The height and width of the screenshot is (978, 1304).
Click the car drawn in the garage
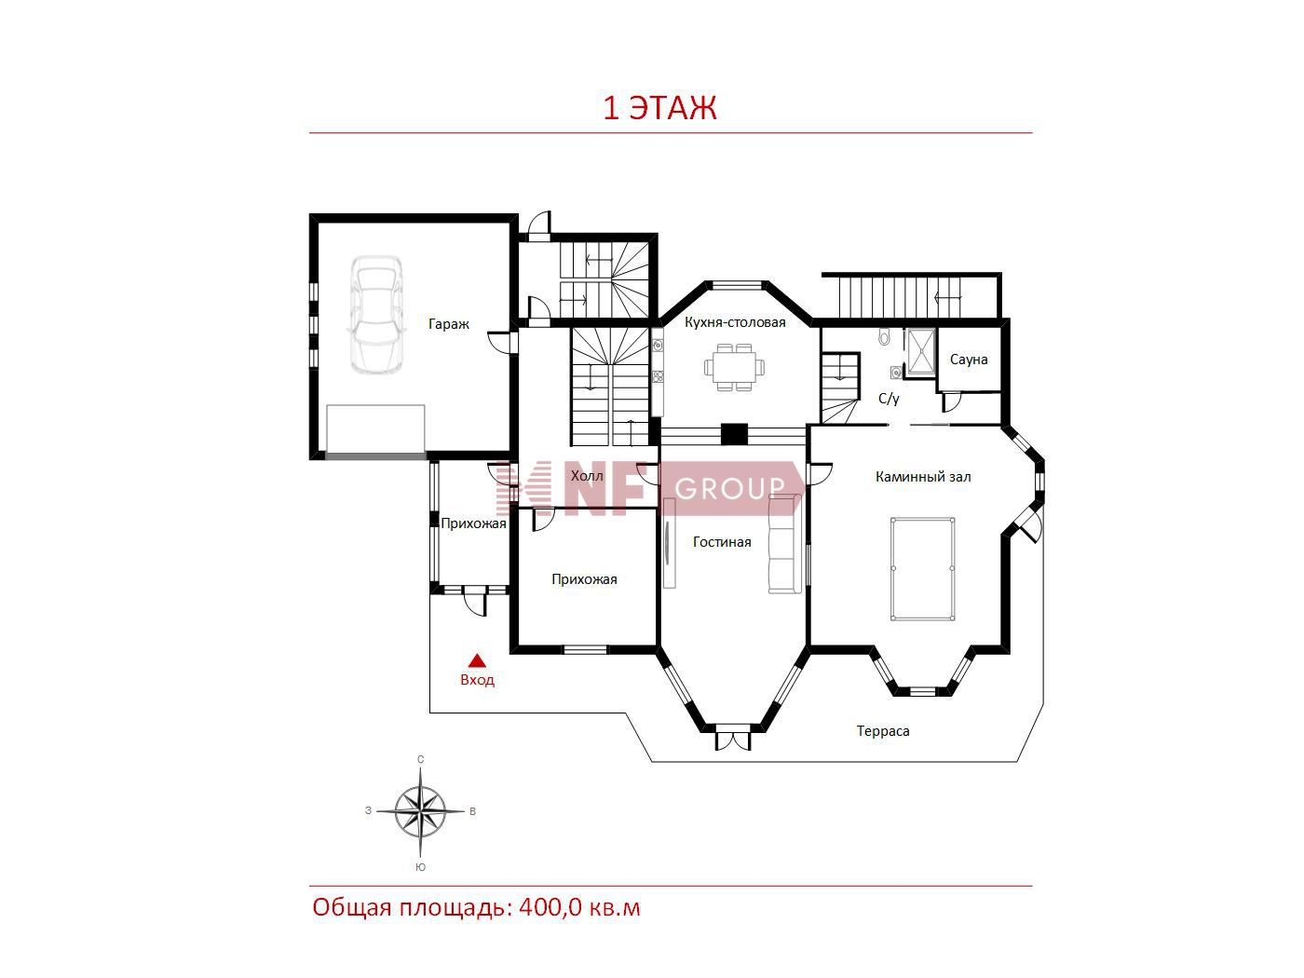click(375, 315)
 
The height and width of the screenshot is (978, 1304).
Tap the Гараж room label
click(449, 324)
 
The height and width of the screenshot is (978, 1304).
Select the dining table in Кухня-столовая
click(734, 367)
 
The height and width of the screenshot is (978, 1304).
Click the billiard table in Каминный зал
click(923, 569)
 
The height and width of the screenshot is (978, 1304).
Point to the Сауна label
click(969, 360)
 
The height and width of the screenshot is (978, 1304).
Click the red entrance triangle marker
click(477, 661)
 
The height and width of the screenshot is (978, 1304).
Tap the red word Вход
click(477, 680)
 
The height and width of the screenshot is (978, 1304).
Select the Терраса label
click(883, 731)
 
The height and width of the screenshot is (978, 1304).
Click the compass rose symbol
click(420, 811)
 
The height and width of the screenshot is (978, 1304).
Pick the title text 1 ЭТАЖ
click(659, 108)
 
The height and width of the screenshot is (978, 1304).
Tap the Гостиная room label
click(722, 542)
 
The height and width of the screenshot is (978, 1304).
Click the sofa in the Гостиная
click(785, 544)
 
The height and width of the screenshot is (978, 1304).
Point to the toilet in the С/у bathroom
click(884, 336)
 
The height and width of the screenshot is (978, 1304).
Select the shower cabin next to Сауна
click(920, 353)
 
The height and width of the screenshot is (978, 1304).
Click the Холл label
click(587, 476)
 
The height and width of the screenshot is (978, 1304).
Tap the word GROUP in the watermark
click(729, 489)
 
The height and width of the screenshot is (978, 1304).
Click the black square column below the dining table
click(734, 433)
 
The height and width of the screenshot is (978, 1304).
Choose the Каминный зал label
click(923, 477)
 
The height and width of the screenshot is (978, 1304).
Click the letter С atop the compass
click(421, 759)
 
